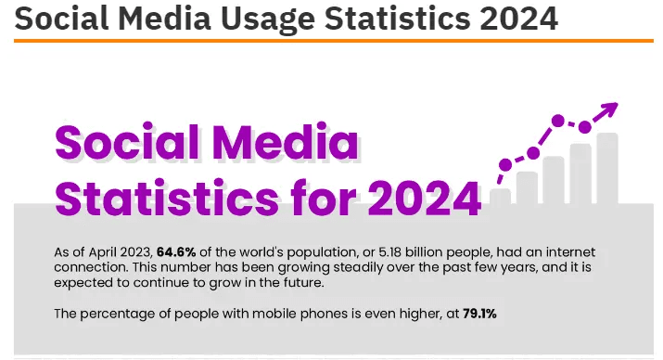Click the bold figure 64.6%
(x=177, y=251)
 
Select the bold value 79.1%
(x=477, y=314)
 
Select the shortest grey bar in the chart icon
(x=501, y=196)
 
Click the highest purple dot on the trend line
(x=558, y=120)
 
